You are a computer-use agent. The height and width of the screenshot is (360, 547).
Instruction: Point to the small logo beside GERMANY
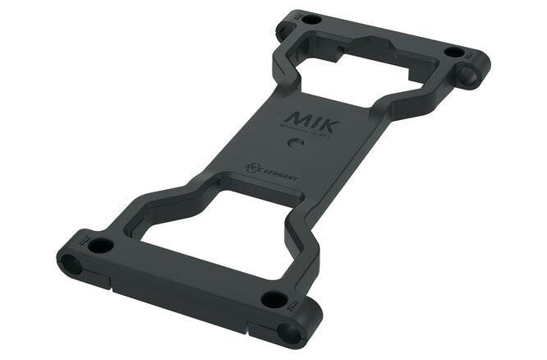(x=251, y=166)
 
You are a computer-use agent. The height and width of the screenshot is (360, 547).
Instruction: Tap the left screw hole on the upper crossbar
(x=311, y=19)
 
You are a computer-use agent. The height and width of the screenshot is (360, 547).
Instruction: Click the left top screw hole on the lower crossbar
(x=100, y=245)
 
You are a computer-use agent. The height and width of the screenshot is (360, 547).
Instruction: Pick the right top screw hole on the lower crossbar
(x=273, y=299)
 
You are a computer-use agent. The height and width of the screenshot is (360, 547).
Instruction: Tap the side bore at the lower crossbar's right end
(x=289, y=333)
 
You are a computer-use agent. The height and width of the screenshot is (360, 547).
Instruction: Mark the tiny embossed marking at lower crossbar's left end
(x=81, y=238)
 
